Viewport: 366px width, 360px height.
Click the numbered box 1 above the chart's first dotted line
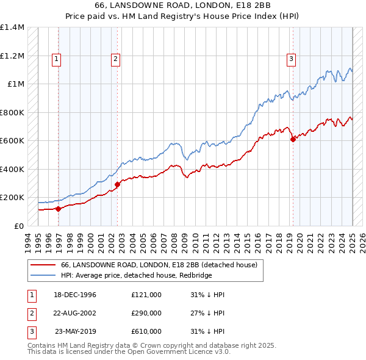point(56,59)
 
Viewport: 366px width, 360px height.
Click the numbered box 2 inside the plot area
point(115,59)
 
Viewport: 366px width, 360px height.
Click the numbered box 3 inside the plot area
point(291,59)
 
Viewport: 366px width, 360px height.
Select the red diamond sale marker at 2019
point(293,139)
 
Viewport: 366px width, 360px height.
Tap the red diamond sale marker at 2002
point(117,184)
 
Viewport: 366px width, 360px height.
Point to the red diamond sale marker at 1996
point(59,209)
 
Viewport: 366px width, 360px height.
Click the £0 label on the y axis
point(18,226)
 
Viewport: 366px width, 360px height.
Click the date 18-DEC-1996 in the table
point(76,295)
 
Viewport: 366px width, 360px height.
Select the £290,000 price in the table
point(146,313)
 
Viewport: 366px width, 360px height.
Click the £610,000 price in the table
point(146,331)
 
